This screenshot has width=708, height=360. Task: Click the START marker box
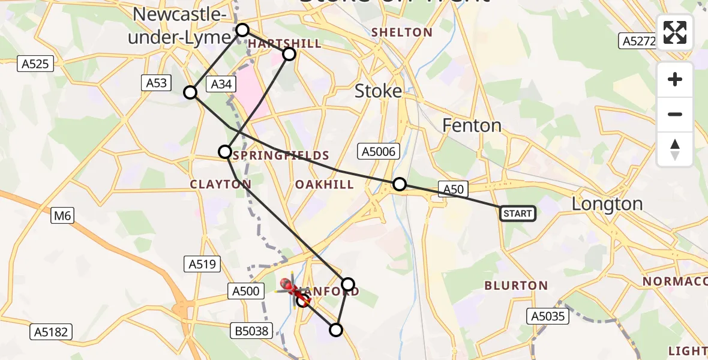(x=517, y=213)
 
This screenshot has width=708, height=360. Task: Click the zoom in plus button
(x=675, y=79)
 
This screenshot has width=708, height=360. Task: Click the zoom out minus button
(x=675, y=114)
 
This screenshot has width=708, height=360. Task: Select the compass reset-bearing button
(x=675, y=149)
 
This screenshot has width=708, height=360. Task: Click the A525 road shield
(x=37, y=64)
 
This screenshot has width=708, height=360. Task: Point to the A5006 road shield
(x=378, y=152)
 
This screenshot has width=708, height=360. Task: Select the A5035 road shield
(x=548, y=316)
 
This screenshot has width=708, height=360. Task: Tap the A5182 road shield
(x=52, y=331)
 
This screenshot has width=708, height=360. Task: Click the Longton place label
(x=607, y=204)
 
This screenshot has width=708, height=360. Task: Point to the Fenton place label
(x=472, y=125)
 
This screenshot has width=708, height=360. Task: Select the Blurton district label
(x=516, y=286)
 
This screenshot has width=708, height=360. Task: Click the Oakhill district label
(x=325, y=184)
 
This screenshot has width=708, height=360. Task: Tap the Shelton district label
(x=401, y=32)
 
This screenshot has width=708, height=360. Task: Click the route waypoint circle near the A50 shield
(x=399, y=184)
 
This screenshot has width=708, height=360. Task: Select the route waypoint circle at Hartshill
(x=289, y=54)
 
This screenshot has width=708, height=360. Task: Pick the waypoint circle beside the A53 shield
(x=190, y=92)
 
